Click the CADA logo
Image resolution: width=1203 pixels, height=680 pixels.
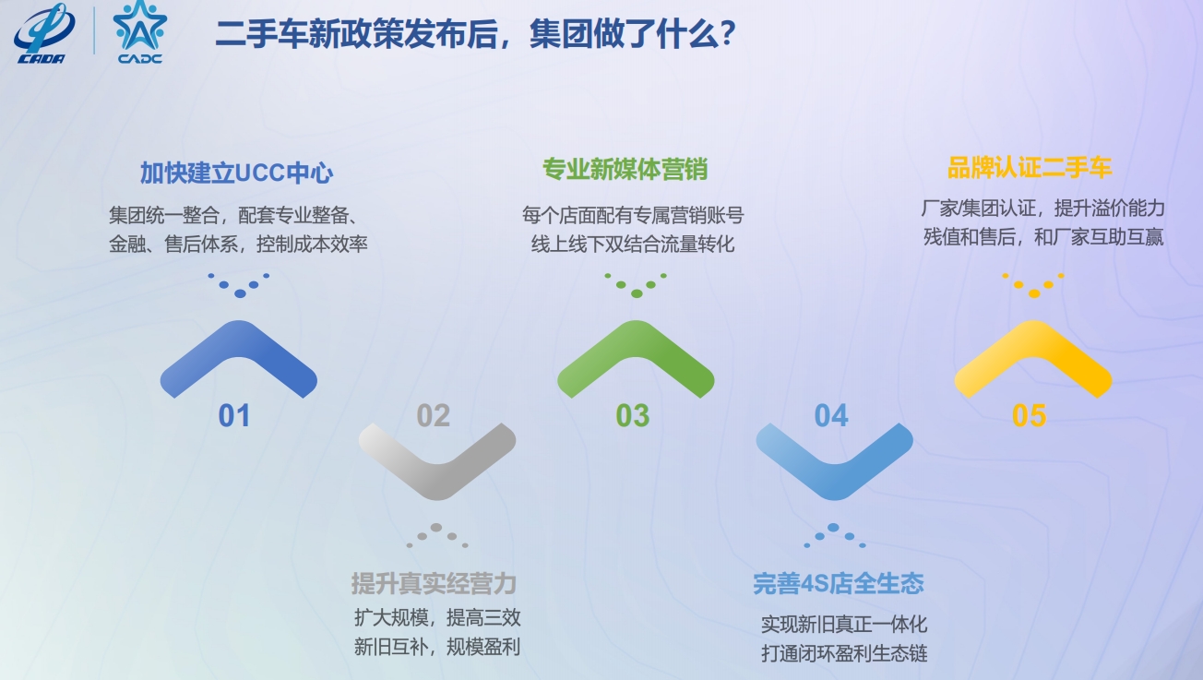point(44,33)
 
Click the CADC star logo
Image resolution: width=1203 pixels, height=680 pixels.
point(139,32)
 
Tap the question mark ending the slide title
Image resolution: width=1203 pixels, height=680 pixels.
point(728,33)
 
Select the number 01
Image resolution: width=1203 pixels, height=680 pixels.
point(234,416)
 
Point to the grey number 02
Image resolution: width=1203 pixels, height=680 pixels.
point(434,416)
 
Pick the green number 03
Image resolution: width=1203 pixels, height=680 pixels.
point(633,416)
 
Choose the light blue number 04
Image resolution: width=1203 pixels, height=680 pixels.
point(831,416)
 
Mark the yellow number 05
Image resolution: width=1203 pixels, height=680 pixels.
point(1030,416)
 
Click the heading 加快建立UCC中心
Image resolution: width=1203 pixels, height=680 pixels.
point(237,173)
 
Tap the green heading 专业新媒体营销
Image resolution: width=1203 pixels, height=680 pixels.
point(625,169)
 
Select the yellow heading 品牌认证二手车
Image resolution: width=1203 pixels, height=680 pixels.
point(1030,168)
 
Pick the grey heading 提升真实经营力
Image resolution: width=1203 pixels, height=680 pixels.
point(434,583)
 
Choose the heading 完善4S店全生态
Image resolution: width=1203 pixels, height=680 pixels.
point(839,583)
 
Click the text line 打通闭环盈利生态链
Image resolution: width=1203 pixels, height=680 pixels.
point(844,653)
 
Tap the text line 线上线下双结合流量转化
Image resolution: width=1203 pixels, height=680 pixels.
point(633,245)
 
